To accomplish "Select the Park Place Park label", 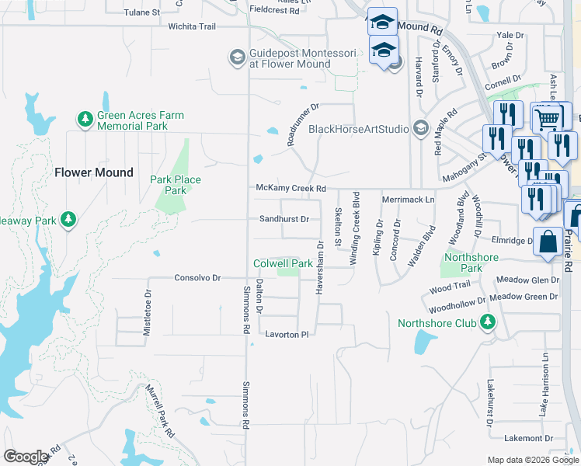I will click(x=176, y=185).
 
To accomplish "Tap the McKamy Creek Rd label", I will click(x=290, y=189).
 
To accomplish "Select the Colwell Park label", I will click(x=283, y=264).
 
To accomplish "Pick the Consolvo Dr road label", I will click(x=197, y=277).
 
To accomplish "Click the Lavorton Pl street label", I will click(x=287, y=334).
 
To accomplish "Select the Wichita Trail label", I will click(x=191, y=26).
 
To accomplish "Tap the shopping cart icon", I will click(x=548, y=118).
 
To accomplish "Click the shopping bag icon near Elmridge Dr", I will click(x=548, y=241).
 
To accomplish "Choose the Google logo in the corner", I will click(x=26, y=457).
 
